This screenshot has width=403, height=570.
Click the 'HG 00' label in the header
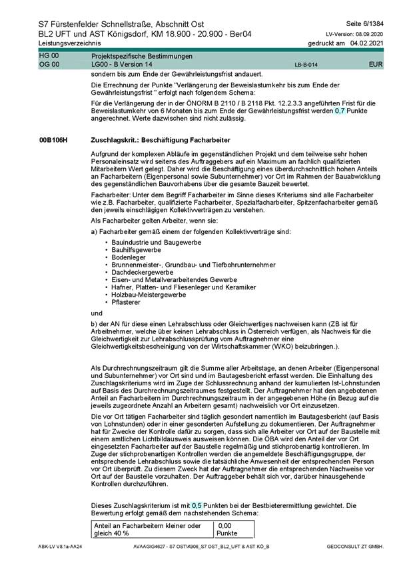49,57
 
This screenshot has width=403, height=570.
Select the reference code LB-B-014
306,65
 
